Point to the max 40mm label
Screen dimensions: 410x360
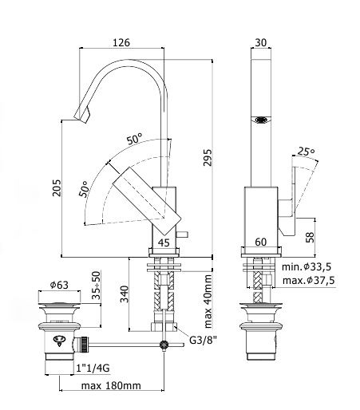pos(208,302)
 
